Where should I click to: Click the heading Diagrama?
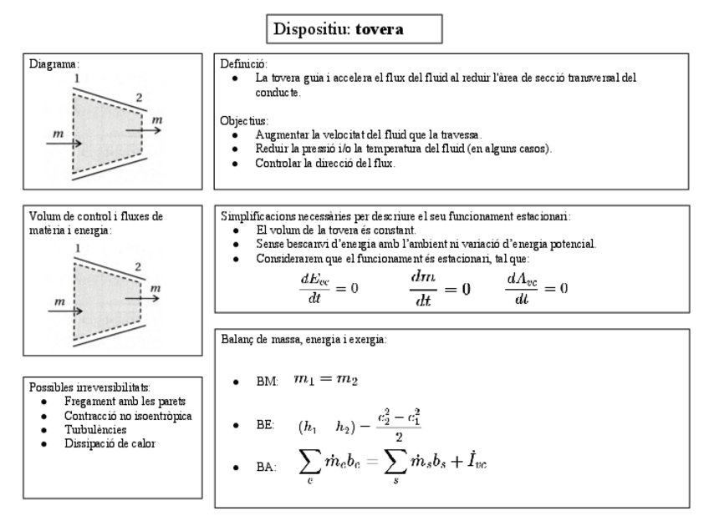tap(54, 63)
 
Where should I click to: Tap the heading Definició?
tap(242, 63)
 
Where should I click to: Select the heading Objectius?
tap(243, 120)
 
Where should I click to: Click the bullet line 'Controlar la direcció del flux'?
tap(325, 163)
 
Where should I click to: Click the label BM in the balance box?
tap(268, 382)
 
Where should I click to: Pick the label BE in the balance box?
tap(266, 426)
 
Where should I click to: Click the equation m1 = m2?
tap(325, 380)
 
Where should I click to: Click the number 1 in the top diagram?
tap(76, 78)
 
